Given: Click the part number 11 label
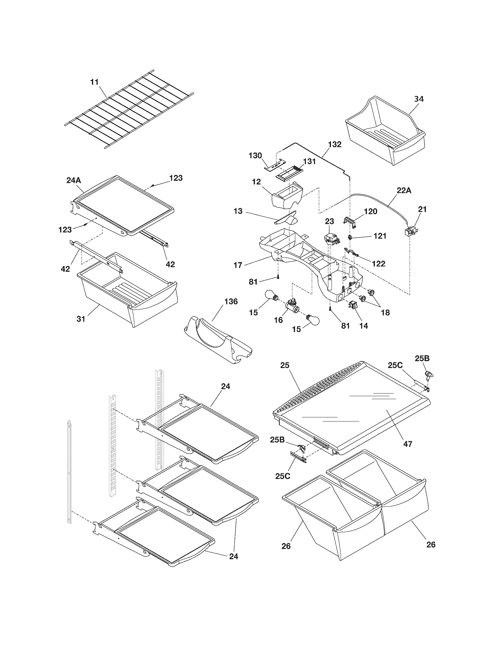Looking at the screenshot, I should point(94,82).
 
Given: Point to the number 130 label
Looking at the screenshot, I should point(256,155).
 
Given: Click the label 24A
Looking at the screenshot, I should point(74,180).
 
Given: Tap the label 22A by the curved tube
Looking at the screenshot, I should point(404,191).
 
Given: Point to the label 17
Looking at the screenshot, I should point(238,265).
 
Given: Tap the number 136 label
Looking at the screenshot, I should point(231,301).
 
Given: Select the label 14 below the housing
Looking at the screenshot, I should point(364,326).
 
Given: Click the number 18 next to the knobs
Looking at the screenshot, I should point(385,312).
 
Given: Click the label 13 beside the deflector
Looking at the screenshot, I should point(238,211).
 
